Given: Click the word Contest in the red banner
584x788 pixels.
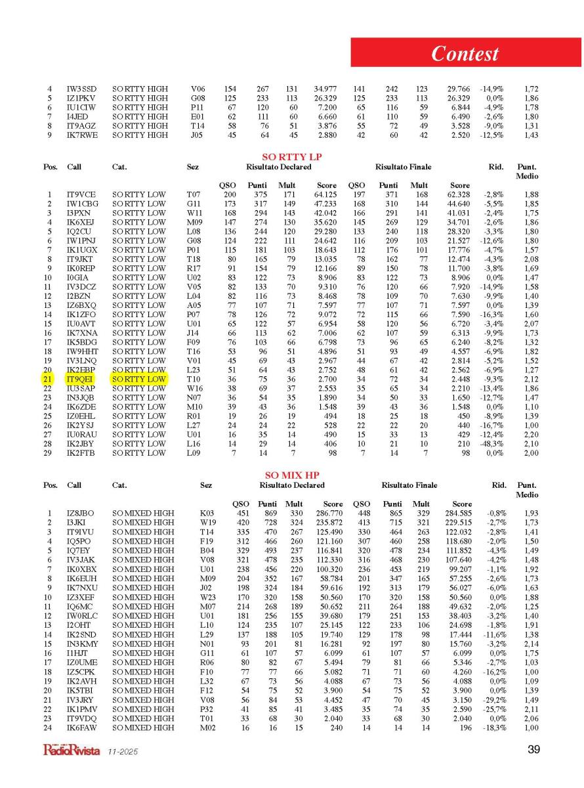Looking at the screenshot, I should [x=465, y=53].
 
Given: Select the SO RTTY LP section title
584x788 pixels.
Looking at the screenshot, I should [x=291, y=158].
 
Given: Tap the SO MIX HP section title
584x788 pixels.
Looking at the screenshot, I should [x=291, y=475].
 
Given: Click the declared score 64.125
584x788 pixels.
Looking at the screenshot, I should [x=324, y=195].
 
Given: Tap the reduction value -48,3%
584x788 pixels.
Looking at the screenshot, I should [x=493, y=443].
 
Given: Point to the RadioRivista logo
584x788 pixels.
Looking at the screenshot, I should [x=70, y=749].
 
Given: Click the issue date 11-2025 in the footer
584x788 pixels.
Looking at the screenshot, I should [x=123, y=751].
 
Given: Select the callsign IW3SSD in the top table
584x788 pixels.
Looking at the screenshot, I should [x=81, y=89].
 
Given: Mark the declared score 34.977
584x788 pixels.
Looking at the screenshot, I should [x=324, y=89].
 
